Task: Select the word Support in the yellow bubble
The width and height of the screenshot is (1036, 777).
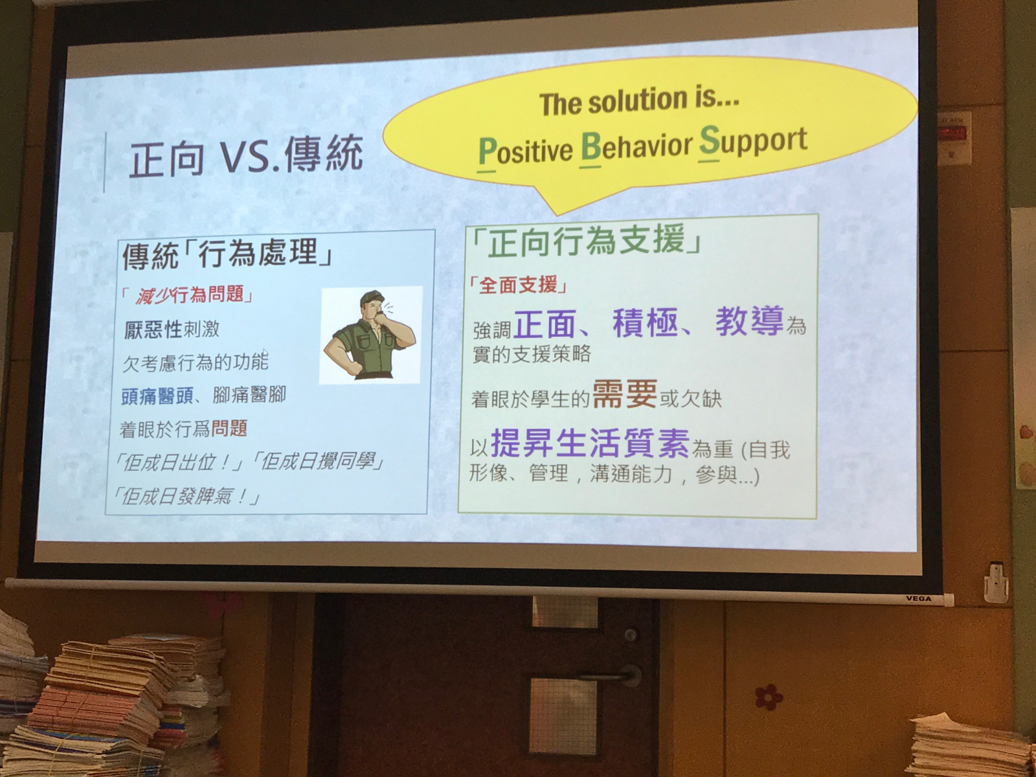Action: point(753,141)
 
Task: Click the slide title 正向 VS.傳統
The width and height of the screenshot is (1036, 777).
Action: point(246,154)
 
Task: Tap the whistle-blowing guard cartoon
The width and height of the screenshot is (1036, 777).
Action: point(370,335)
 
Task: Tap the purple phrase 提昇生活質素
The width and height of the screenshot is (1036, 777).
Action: point(590,444)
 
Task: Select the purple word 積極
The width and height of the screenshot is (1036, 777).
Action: point(645,322)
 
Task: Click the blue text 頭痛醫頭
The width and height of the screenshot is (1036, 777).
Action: point(157,396)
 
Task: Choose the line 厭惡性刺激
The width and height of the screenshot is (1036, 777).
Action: point(172,330)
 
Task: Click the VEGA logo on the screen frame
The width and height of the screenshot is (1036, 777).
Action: point(919,599)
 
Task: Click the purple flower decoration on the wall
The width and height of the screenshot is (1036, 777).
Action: point(769,697)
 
